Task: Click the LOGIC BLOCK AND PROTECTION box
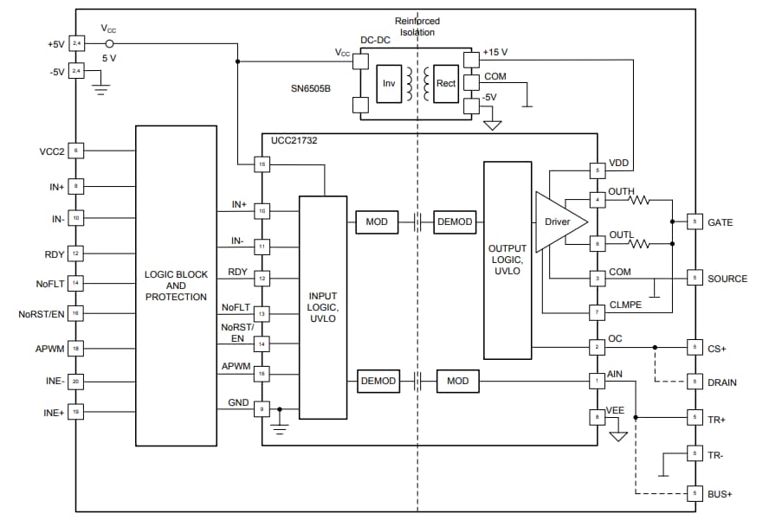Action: pyautogui.click(x=176, y=286)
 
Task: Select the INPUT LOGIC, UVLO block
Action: pyautogui.click(x=322, y=307)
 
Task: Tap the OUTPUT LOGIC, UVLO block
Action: pyautogui.click(x=507, y=260)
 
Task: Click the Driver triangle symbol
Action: pyautogui.click(x=554, y=222)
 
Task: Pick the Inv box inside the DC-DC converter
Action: pyautogui.click(x=389, y=84)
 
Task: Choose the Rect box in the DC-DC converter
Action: pyautogui.click(x=446, y=84)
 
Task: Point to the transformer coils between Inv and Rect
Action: pyautogui.click(x=417, y=84)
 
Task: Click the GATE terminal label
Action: pyautogui.click(x=720, y=222)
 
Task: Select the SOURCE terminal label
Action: pyautogui.click(x=727, y=279)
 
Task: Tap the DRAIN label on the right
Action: pyautogui.click(x=722, y=382)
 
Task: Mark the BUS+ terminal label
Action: pyautogui.click(x=721, y=493)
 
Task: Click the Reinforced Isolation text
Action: pyautogui.click(x=417, y=27)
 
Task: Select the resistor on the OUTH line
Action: pyautogui.click(x=639, y=200)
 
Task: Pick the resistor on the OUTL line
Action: pyautogui.click(x=639, y=244)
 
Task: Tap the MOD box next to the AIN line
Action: pyautogui.click(x=457, y=381)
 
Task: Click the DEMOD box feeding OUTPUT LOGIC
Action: pyautogui.click(x=455, y=222)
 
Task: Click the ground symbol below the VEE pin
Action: pyautogui.click(x=617, y=436)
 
